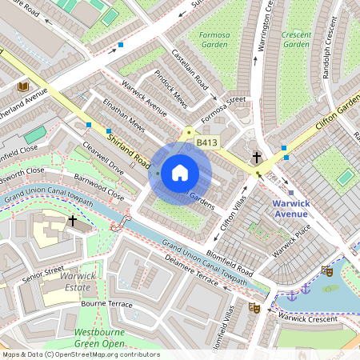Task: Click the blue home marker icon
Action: tap(180, 172)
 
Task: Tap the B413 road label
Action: tap(207, 142)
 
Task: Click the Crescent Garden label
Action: tap(296, 39)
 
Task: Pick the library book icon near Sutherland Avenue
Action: tap(22, 86)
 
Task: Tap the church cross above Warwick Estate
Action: tap(73, 220)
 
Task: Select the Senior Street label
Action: tap(42, 272)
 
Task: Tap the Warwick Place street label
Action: tap(289, 245)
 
